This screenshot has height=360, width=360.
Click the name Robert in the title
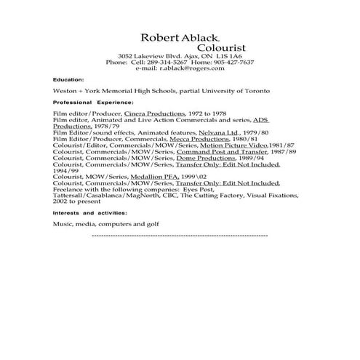[x=158, y=37]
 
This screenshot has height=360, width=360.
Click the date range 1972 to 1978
[x=199, y=114]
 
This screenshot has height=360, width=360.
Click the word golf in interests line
[x=151, y=225]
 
